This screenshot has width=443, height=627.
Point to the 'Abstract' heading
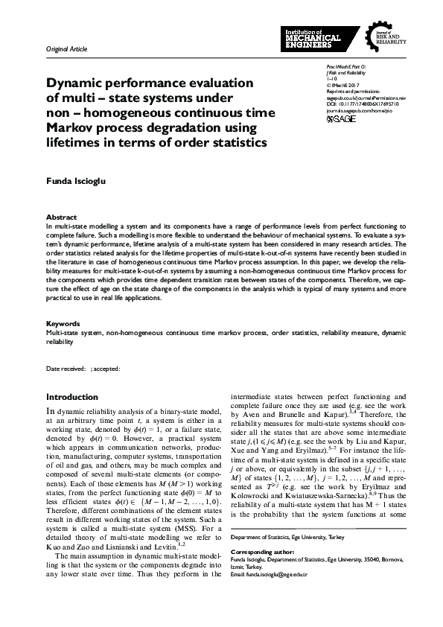[61, 217]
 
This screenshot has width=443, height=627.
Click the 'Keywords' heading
[63, 324]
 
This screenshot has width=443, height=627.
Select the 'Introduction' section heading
[71, 397]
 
